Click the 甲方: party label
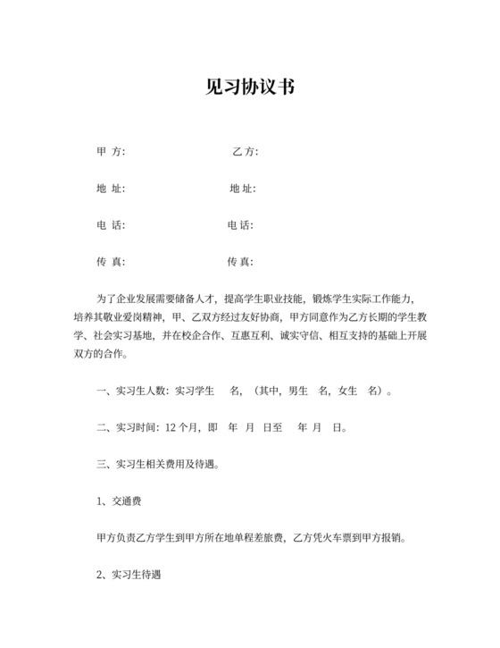pyautogui.click(x=111, y=152)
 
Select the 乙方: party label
pyautogui.click(x=245, y=152)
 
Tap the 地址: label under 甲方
pyautogui.click(x=111, y=189)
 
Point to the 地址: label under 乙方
pyautogui.click(x=243, y=189)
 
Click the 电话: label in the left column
pyautogui.click(x=111, y=225)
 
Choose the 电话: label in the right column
pyautogui.click(x=241, y=225)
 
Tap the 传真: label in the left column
pyautogui.click(x=111, y=262)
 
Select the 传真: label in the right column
pyautogui.click(x=241, y=262)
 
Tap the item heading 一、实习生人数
pyautogui.click(x=130, y=391)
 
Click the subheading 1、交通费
pyautogui.click(x=122, y=501)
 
